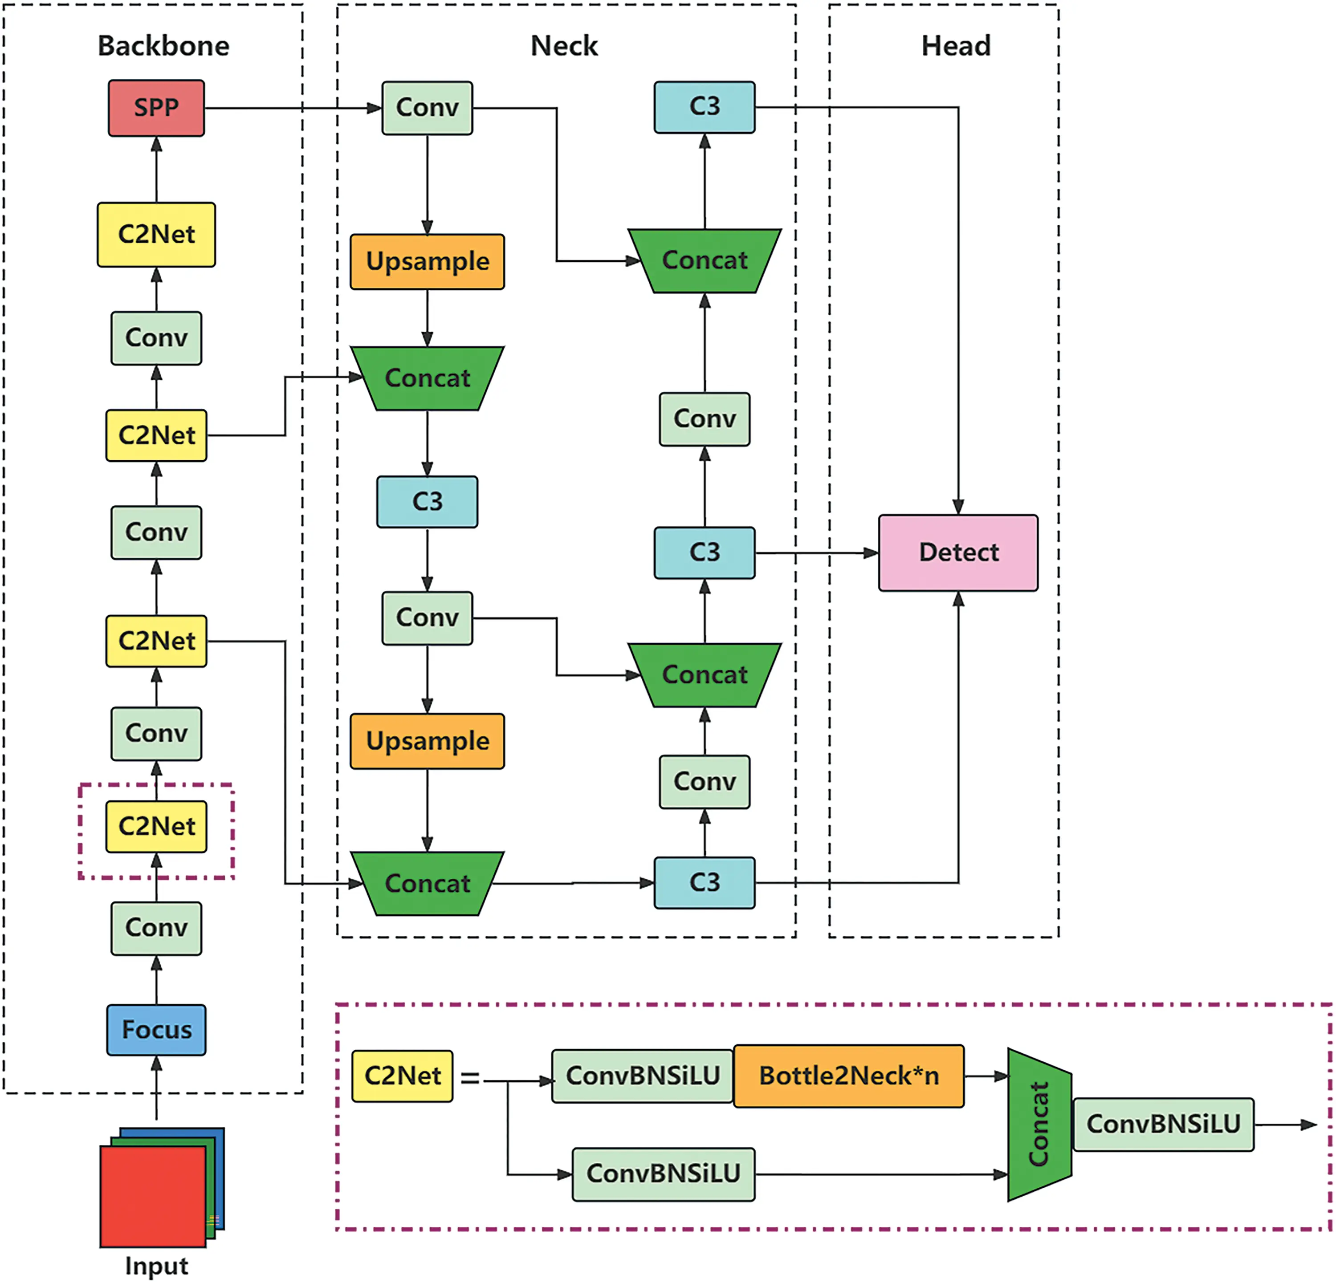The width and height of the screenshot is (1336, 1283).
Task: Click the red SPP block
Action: click(x=156, y=108)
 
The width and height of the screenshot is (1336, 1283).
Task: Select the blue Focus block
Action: click(x=156, y=1030)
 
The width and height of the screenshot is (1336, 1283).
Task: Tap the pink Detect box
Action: click(x=958, y=552)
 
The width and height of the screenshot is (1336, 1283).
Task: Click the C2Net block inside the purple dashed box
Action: click(x=156, y=827)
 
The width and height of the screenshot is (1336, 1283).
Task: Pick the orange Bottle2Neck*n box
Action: click(x=849, y=1076)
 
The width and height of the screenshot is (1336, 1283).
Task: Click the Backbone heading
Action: click(x=163, y=46)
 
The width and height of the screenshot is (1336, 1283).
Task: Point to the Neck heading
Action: click(x=564, y=46)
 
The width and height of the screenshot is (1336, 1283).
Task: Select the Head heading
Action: click(x=956, y=46)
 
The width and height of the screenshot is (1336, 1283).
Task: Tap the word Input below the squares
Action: click(x=156, y=1265)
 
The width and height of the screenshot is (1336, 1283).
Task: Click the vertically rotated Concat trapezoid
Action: click(x=1039, y=1124)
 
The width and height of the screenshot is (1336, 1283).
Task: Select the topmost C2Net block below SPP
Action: click(x=156, y=235)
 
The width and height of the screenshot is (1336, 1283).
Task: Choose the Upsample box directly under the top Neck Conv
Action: click(x=428, y=262)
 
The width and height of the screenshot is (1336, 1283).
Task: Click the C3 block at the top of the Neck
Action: click(x=704, y=107)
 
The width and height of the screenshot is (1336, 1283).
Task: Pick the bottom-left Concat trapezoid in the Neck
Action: click(x=428, y=884)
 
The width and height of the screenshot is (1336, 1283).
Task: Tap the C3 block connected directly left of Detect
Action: click(x=704, y=552)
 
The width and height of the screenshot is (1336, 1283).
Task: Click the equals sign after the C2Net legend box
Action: click(x=470, y=1078)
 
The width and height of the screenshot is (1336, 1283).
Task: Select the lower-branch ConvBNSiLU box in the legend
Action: click(x=663, y=1174)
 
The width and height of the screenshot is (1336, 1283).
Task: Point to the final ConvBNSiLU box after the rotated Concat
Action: click(x=1163, y=1124)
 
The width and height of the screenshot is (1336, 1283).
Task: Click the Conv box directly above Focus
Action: click(x=156, y=928)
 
